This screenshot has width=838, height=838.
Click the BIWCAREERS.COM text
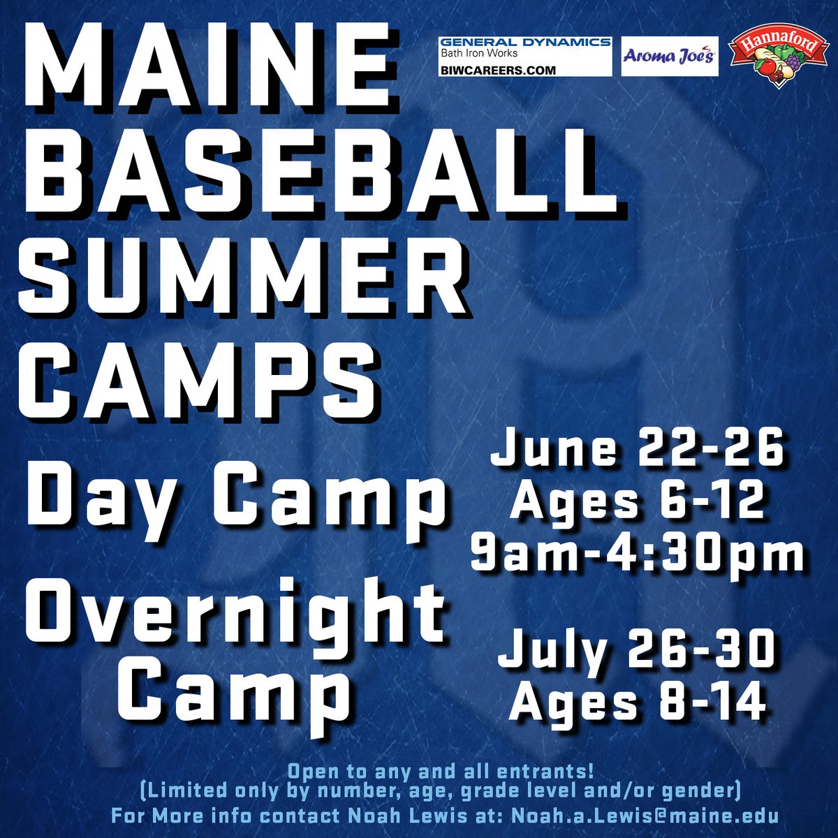pos(498,70)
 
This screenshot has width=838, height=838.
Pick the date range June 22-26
pos(637,450)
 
